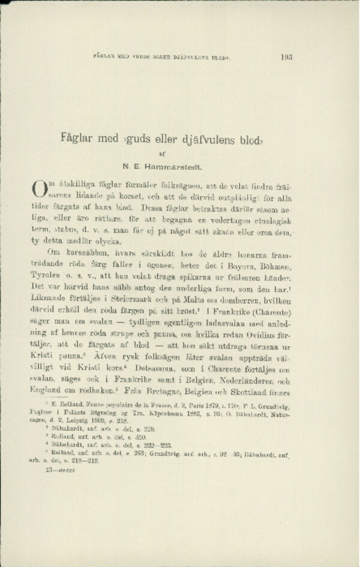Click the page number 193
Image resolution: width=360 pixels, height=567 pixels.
286,58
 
